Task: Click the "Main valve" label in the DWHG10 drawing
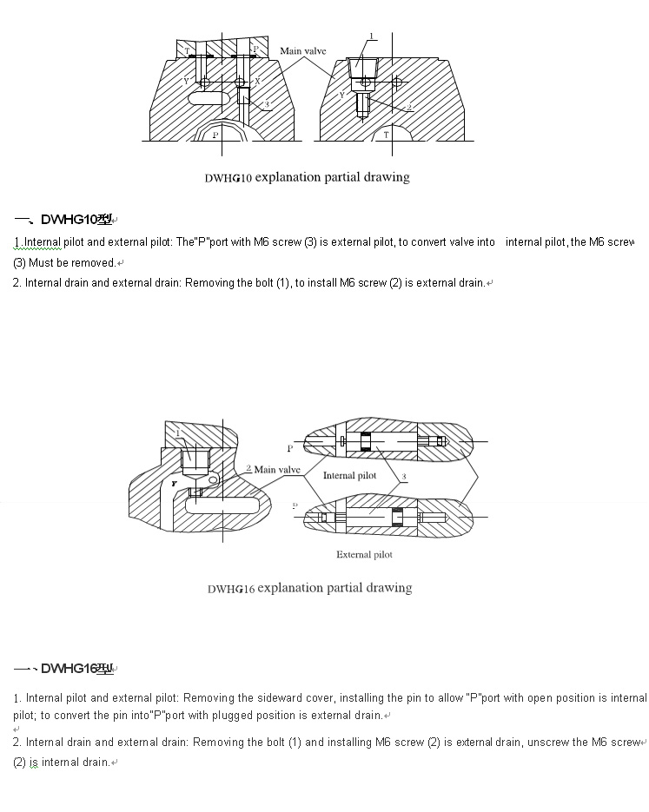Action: [302, 51]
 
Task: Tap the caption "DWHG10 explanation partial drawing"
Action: [307, 177]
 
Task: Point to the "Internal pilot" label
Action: [349, 475]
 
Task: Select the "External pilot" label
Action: [364, 554]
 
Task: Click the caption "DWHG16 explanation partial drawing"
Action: [309, 588]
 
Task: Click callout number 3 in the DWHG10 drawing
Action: [268, 104]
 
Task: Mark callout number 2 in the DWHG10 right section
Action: [409, 107]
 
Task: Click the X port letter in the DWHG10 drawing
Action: [257, 81]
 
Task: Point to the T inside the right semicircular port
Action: [386, 135]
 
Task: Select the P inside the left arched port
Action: [215, 135]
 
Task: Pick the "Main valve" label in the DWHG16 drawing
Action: [276, 470]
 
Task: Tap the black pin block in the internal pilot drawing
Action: [365, 441]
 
